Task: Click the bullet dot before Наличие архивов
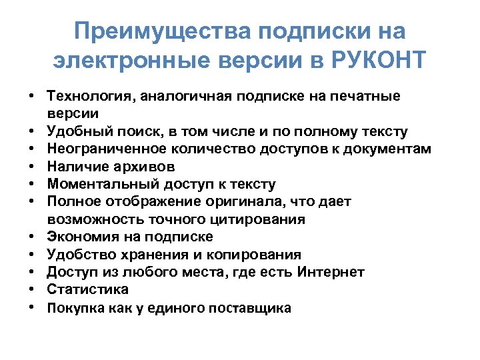(x=32, y=166)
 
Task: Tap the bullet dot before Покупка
(x=32, y=307)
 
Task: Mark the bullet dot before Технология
(x=32, y=97)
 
